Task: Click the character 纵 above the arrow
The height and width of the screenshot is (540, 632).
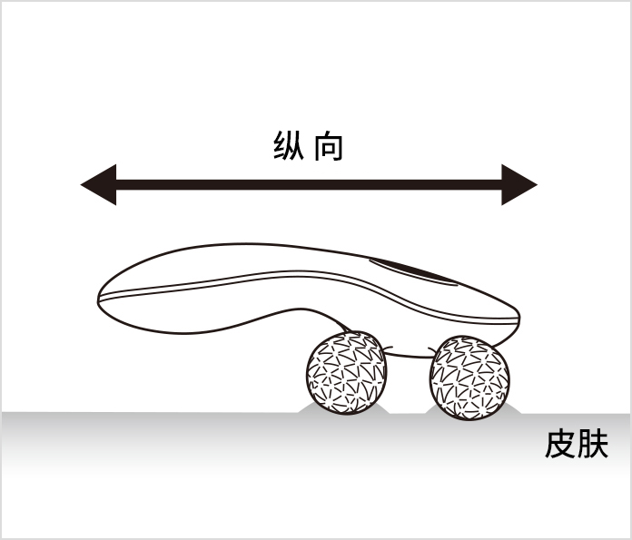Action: pyautogui.click(x=289, y=146)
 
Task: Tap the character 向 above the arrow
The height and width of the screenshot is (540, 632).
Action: pyautogui.click(x=329, y=147)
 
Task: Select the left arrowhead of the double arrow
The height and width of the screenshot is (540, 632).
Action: pyautogui.click(x=99, y=184)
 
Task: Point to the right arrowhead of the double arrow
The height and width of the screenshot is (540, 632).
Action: pyautogui.click(x=519, y=184)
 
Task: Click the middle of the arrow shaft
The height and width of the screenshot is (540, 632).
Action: pyautogui.click(x=309, y=184)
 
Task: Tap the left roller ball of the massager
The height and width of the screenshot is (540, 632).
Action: pyautogui.click(x=346, y=373)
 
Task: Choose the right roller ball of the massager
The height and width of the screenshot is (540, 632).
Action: pyautogui.click(x=469, y=378)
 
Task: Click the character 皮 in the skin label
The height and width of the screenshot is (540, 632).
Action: pyautogui.click(x=560, y=444)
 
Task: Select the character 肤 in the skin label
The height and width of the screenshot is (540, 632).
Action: pyautogui.click(x=592, y=444)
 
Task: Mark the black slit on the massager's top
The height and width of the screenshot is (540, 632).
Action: pyautogui.click(x=413, y=271)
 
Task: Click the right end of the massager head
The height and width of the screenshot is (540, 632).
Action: pyautogui.click(x=517, y=319)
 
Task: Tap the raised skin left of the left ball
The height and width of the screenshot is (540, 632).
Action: pyautogui.click(x=305, y=408)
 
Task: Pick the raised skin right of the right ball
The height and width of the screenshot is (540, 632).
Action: pyautogui.click(x=513, y=408)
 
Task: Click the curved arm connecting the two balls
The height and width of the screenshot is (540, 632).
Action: pyautogui.click(x=407, y=355)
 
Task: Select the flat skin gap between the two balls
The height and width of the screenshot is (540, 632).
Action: pyautogui.click(x=407, y=414)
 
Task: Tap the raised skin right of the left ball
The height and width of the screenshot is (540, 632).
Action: pyautogui.click(x=382, y=408)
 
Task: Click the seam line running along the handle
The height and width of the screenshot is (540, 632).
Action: pyautogui.click(x=306, y=275)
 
